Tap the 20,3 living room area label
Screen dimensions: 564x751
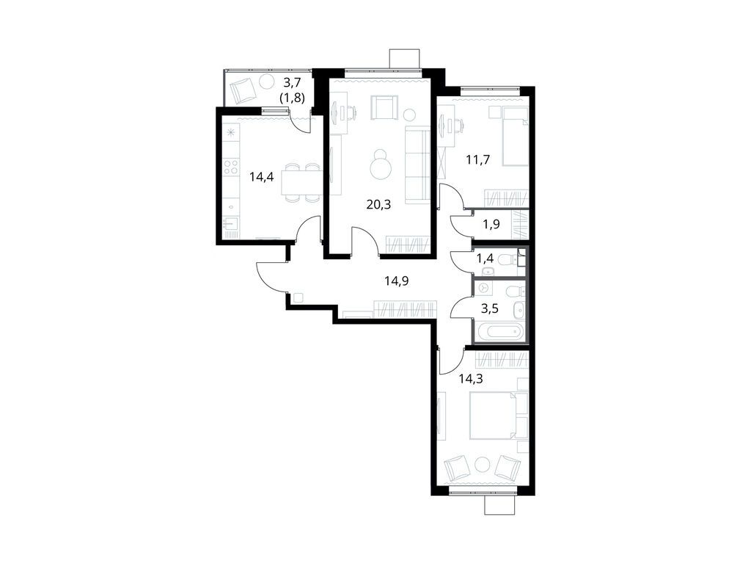(x=378, y=204)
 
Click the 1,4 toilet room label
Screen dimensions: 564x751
(x=486, y=258)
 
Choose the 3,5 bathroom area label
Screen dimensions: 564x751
(x=489, y=308)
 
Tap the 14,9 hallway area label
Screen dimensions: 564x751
(x=397, y=280)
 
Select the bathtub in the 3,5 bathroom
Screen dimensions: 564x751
(x=500, y=333)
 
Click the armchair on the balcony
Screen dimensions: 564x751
(x=243, y=91)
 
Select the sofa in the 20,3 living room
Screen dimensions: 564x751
(x=418, y=163)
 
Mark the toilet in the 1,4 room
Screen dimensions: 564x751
(x=506, y=260)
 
